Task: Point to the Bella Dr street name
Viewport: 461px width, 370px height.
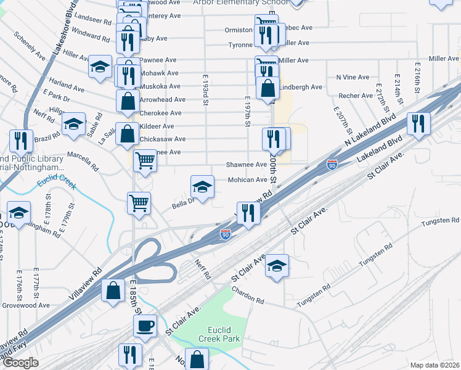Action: pos(182,201)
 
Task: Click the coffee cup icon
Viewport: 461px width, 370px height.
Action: pos(145,325)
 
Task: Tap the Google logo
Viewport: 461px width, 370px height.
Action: pos(20,363)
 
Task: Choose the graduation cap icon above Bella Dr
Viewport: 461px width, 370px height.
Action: pos(202,186)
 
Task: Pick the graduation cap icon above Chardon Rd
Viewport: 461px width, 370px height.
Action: pos(277,266)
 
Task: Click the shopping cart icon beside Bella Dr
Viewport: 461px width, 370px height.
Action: pos(139,202)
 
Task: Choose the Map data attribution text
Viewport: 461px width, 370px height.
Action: pos(435,365)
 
